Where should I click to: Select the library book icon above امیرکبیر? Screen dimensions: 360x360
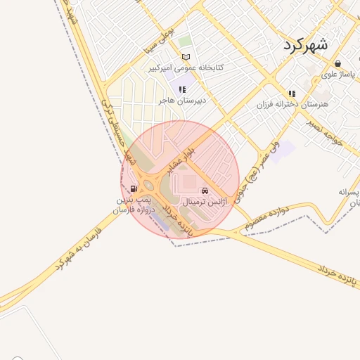tap(186, 57)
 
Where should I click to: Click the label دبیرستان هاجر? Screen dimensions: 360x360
tap(181, 101)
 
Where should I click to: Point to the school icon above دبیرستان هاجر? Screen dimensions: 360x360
tap(182, 89)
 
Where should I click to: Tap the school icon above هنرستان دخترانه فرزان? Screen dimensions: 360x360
tap(292, 94)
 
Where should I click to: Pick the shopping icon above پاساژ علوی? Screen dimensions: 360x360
tap(337, 63)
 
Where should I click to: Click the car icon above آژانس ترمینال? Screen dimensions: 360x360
tap(205, 191)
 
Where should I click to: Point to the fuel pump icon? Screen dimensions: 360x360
tap(134, 188)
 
